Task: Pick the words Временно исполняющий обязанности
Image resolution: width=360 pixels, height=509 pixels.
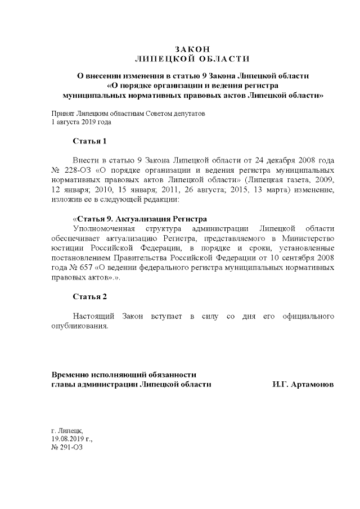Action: click(x=124, y=375)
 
